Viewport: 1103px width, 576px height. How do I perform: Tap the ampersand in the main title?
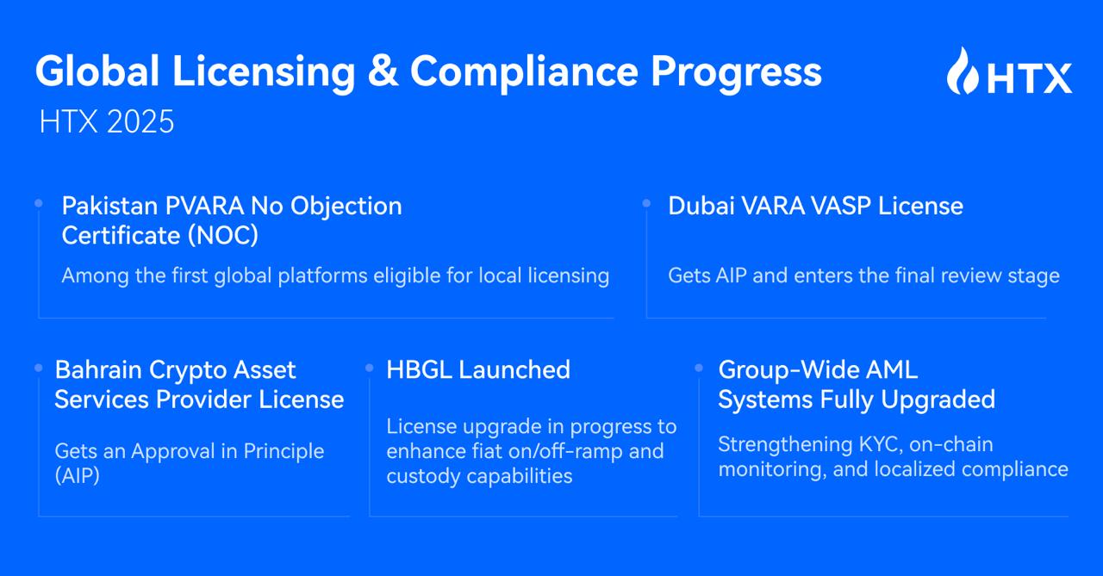383,71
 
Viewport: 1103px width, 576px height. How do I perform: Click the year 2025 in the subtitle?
140,121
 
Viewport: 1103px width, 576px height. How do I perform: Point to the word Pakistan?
109,206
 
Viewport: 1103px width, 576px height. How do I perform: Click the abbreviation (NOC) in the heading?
223,236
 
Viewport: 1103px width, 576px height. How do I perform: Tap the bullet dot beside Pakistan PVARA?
39,203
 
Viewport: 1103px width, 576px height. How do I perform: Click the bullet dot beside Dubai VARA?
646,203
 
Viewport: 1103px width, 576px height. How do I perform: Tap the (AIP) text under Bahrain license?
78,475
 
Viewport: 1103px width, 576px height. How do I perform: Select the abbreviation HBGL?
419,369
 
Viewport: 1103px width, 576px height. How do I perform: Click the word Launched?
514,369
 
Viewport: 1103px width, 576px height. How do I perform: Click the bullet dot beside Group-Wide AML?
699,368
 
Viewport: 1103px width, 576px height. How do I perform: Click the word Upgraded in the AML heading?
938,399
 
